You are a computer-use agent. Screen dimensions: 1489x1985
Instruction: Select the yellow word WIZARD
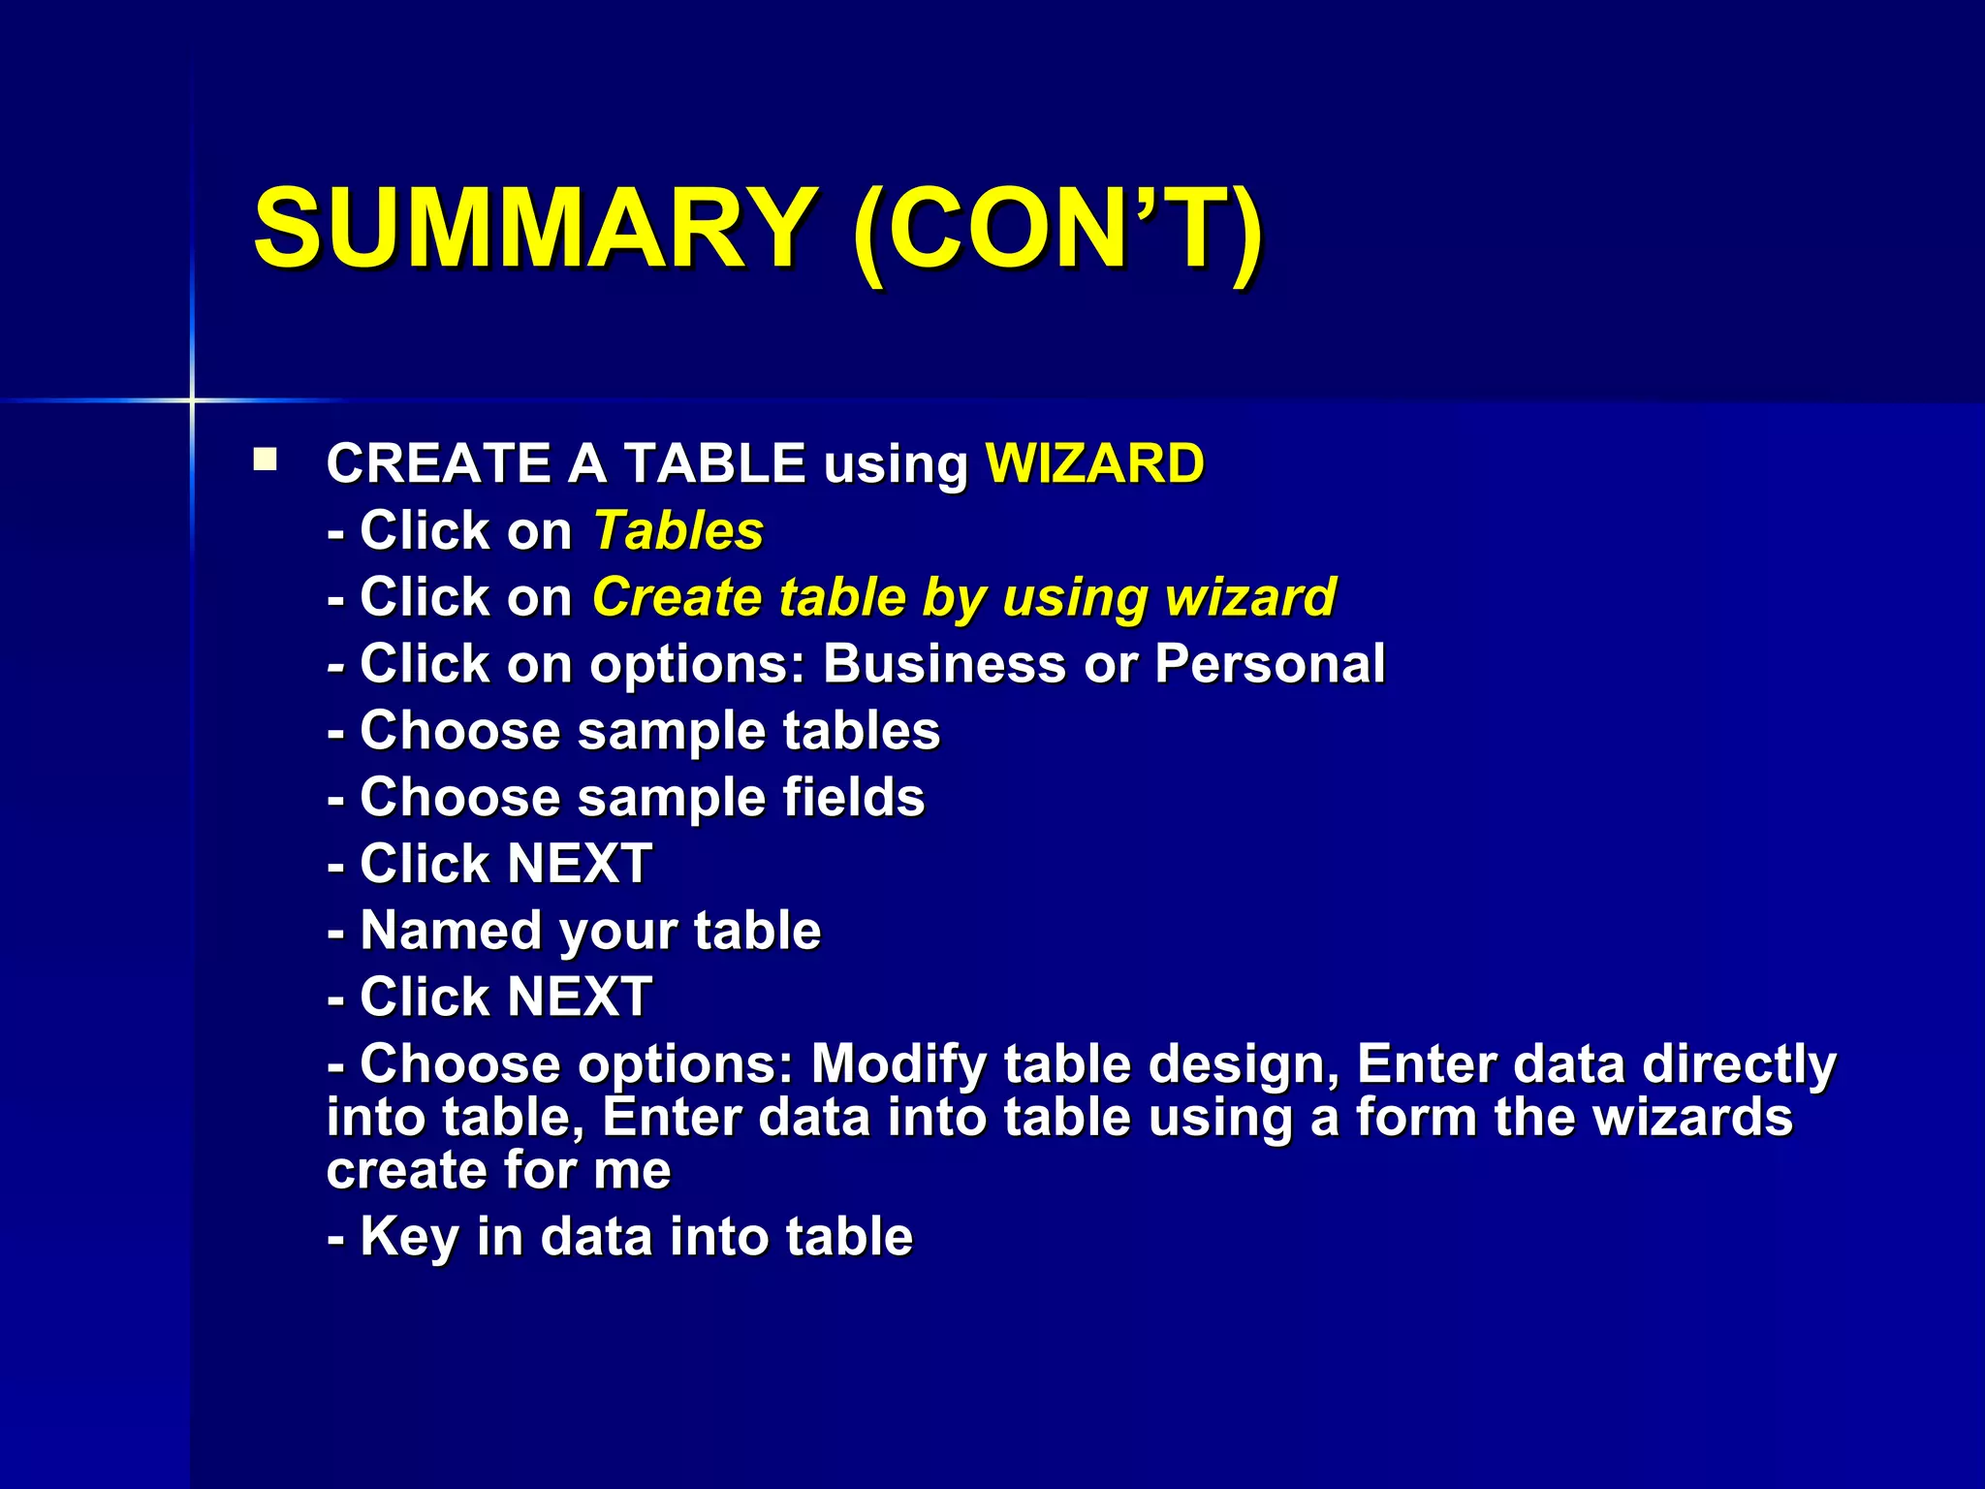[1094, 463]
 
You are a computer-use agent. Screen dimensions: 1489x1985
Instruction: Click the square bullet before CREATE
[265, 459]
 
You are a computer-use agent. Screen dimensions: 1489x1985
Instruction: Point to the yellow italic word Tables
[678, 531]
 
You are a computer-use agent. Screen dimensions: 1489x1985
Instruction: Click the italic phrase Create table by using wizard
[963, 597]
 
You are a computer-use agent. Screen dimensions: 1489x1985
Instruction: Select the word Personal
[1270, 665]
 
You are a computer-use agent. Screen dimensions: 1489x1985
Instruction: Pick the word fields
[853, 798]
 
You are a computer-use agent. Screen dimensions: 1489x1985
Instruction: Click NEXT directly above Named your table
[579, 864]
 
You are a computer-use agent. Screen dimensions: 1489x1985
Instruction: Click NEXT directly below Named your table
[579, 998]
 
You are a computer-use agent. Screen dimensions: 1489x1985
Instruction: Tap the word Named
[451, 931]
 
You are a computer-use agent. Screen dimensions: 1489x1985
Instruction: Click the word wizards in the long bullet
[1693, 1118]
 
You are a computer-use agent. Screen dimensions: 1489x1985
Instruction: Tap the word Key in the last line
[408, 1238]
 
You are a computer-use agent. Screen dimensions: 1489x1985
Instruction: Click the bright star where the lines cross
[192, 399]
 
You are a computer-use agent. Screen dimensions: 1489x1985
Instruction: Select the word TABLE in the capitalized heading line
[714, 463]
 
